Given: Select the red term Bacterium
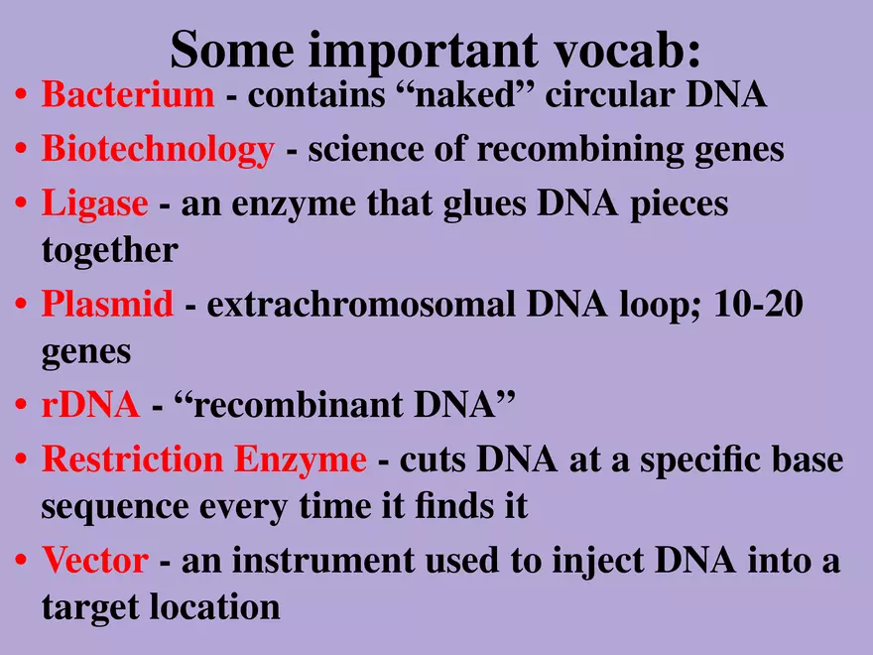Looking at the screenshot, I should click(x=127, y=96).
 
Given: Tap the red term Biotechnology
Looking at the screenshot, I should click(x=157, y=150).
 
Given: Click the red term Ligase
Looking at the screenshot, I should click(x=94, y=203).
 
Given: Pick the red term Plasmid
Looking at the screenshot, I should click(x=107, y=305).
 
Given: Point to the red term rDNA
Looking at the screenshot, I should click(x=90, y=406).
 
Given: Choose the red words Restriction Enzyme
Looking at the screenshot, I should click(x=203, y=459).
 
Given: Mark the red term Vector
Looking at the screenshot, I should click(x=94, y=561).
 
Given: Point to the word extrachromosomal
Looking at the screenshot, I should click(x=361, y=305).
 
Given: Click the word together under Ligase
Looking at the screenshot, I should click(x=109, y=250).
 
